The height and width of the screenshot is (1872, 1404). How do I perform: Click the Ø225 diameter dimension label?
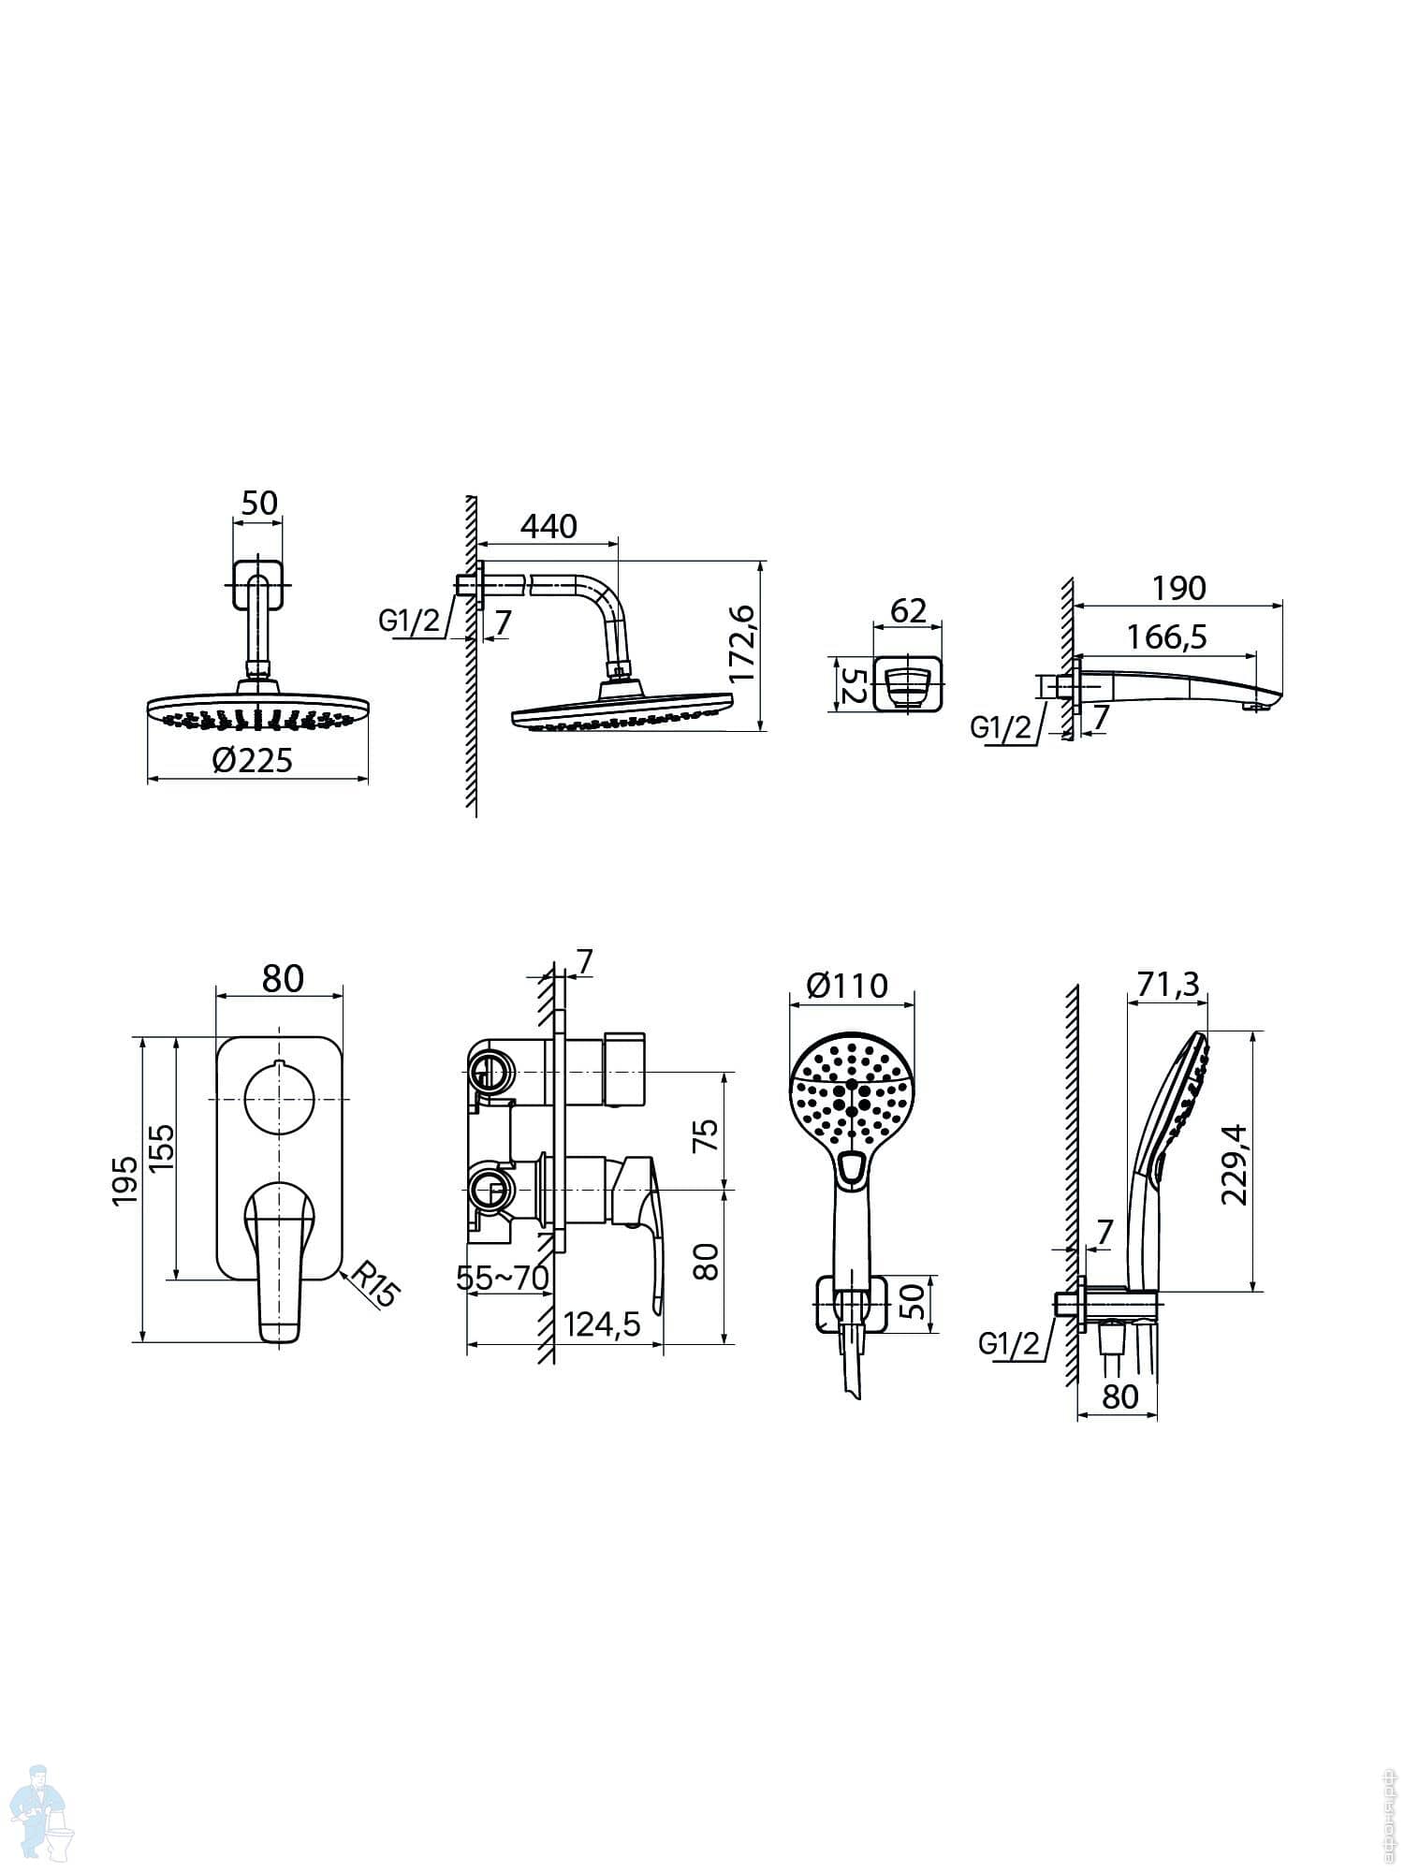click(x=252, y=759)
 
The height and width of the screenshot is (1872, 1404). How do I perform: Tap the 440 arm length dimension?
click(x=548, y=526)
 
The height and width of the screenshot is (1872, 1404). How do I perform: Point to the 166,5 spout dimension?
click(x=1166, y=636)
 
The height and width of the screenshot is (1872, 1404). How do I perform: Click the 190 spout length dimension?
click(x=1178, y=588)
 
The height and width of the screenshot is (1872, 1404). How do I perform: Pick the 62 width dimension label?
click(x=908, y=610)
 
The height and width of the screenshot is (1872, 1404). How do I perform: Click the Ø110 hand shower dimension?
click(x=847, y=985)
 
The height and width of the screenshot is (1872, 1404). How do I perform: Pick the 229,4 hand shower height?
click(x=1234, y=1163)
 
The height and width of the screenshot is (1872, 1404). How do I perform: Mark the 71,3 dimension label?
click(x=1168, y=984)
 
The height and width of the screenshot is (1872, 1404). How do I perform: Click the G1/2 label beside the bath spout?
click(x=1001, y=726)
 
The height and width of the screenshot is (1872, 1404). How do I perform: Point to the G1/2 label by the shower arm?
click(x=410, y=620)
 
